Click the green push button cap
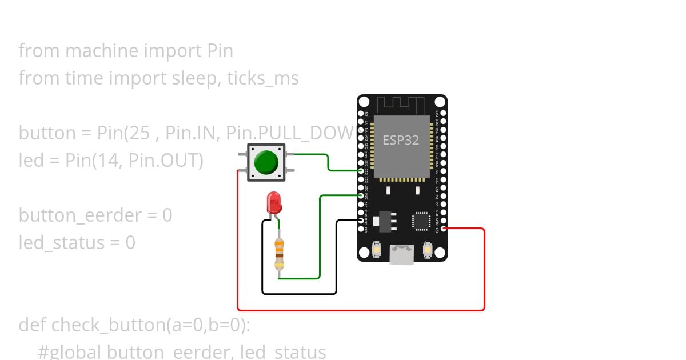(266, 162)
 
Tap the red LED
(274, 203)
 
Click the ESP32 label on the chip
(401, 140)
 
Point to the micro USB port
(402, 254)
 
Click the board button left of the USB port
(377, 250)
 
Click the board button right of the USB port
(427, 250)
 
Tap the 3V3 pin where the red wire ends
(444, 229)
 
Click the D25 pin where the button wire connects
(361, 171)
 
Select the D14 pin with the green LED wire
(361, 195)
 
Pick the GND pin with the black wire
(361, 220)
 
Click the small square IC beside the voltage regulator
(421, 221)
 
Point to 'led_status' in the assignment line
(61, 243)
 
